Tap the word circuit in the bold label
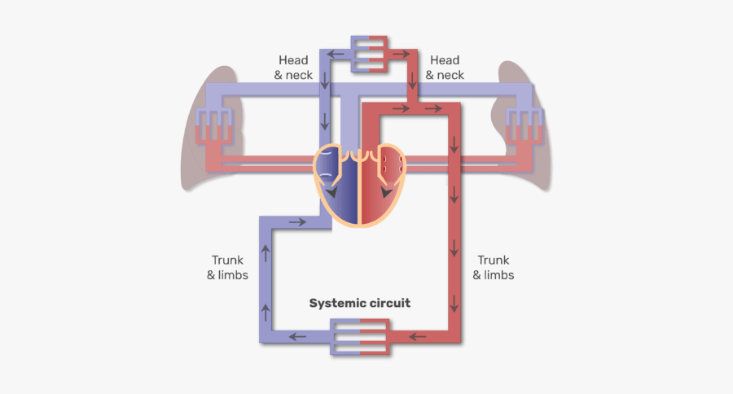point(389,303)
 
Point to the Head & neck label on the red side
point(445,68)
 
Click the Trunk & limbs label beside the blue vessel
point(228,268)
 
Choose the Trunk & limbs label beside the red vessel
point(494,268)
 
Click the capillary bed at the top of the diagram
point(371,54)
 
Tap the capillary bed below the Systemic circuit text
point(359,337)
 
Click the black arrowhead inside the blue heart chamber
point(332,193)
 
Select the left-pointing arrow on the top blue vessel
point(335,55)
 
